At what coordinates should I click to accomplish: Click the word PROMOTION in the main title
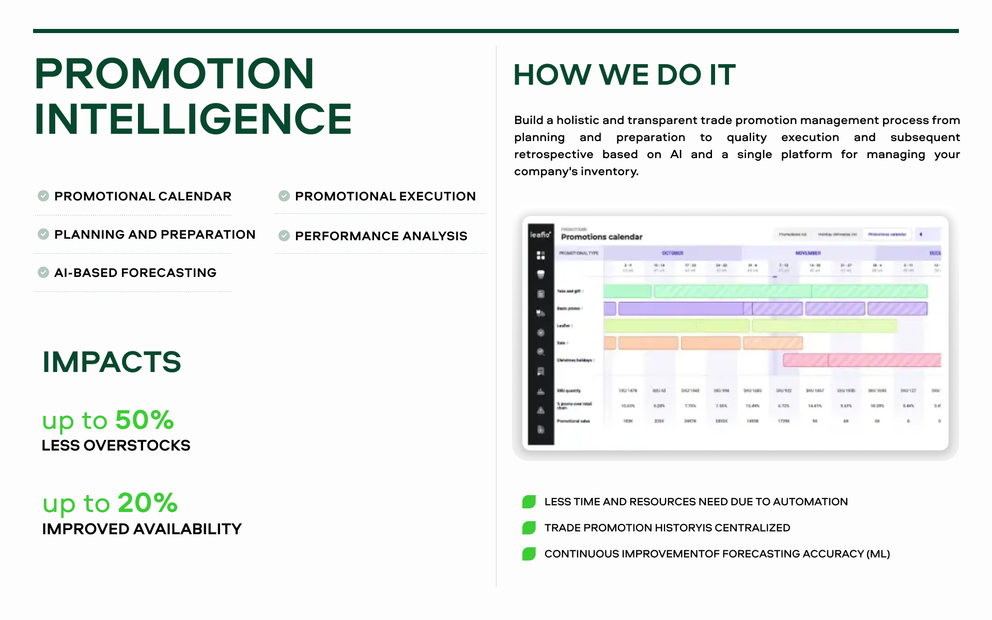click(174, 73)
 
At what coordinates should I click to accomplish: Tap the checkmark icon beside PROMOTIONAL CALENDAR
click(43, 196)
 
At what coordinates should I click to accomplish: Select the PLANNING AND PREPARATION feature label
click(154, 235)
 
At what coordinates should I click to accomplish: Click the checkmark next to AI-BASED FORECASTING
click(43, 272)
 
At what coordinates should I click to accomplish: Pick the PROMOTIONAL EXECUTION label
click(385, 196)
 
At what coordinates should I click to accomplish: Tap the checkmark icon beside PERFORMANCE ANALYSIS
click(284, 236)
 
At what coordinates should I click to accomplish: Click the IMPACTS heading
click(112, 362)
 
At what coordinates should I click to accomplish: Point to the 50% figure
click(144, 420)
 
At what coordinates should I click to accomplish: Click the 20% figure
click(147, 503)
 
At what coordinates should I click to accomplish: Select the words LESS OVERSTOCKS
click(116, 445)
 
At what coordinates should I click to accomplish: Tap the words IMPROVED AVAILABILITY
click(142, 529)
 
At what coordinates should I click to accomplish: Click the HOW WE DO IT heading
click(624, 75)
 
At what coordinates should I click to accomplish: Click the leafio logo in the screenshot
click(540, 235)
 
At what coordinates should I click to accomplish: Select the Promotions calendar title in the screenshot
click(601, 237)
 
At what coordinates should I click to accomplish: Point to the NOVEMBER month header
click(808, 253)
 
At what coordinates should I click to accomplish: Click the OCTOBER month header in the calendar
click(672, 253)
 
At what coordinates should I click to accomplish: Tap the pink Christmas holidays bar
click(861, 360)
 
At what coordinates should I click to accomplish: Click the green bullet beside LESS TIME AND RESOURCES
click(529, 502)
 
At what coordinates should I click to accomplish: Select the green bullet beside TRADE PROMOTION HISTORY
click(529, 528)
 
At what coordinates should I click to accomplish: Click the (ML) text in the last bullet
click(878, 554)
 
